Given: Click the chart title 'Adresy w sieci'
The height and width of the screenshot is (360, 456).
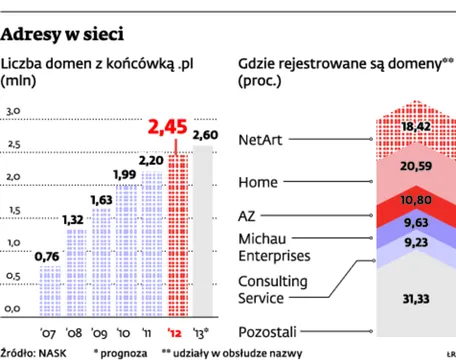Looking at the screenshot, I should pos(63,38).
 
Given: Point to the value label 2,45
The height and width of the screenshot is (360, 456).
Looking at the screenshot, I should pos(167,129).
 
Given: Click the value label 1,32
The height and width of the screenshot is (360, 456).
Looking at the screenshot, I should pos(73,219).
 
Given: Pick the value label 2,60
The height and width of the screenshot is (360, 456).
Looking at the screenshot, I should pos(206,135).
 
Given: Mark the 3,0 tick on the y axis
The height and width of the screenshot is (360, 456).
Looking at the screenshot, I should pos(13,110).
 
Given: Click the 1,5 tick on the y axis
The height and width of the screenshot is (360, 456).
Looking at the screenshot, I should pos(13,210).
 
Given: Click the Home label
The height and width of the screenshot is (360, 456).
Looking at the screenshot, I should pos(259,182).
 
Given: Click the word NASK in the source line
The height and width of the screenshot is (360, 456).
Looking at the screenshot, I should pos(50,352).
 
